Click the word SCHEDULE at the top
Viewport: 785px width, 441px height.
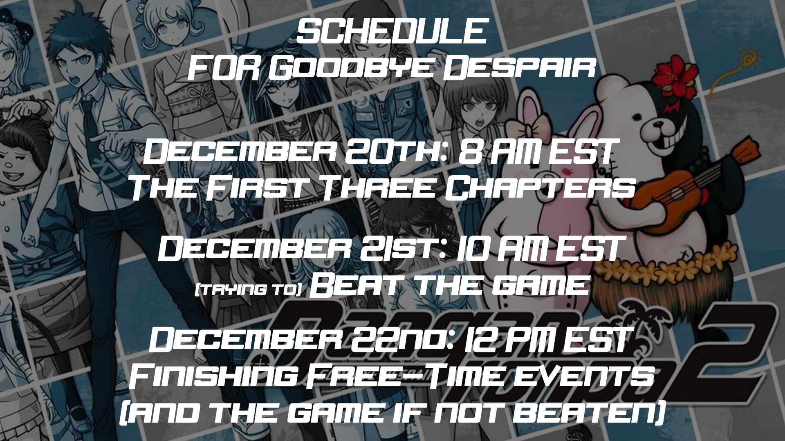[x=392, y=32]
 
